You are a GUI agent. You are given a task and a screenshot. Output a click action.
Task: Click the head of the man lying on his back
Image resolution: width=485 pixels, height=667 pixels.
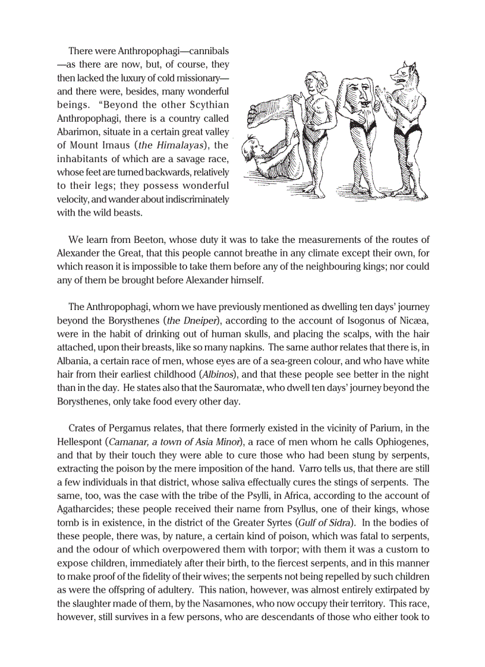(254, 146)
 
